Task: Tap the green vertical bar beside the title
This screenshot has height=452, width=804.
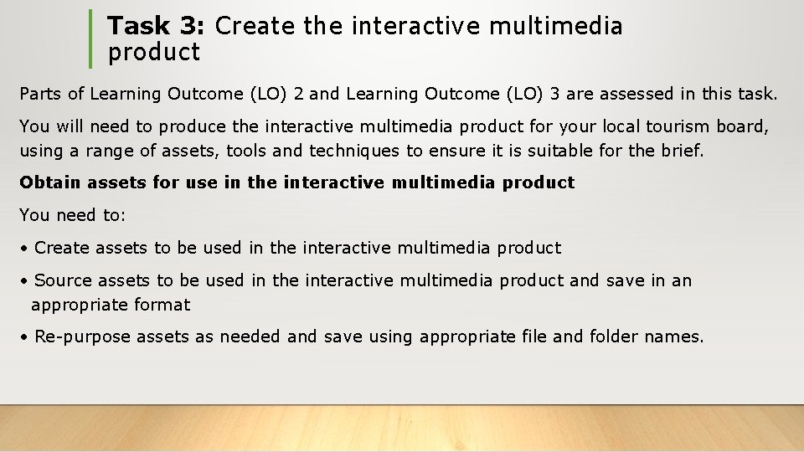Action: tap(90, 39)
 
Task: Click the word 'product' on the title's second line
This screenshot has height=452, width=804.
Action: tap(154, 53)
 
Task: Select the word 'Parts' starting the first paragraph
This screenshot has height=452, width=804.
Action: tap(41, 95)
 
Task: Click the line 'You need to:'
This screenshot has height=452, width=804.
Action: tap(72, 215)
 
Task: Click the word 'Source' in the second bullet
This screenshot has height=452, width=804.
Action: tap(63, 280)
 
